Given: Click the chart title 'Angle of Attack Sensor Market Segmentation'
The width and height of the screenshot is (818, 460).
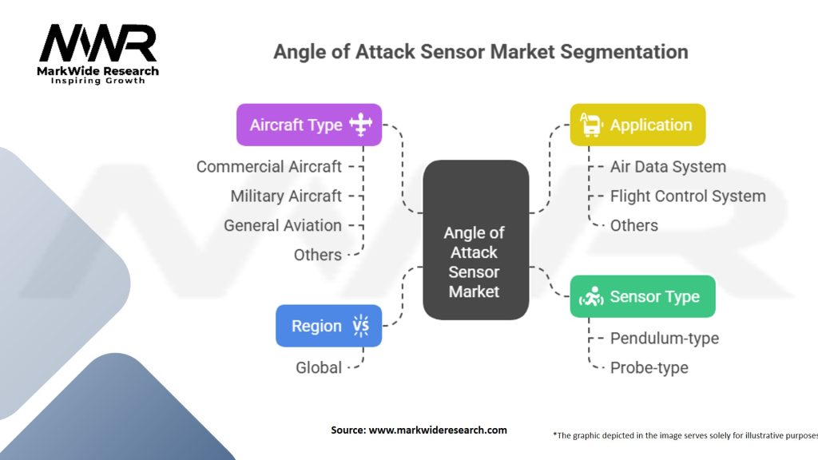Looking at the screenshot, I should pos(480,52).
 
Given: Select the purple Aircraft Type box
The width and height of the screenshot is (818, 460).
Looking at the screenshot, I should pos(308,125).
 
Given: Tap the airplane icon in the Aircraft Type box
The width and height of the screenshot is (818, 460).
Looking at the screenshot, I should pos(361,125).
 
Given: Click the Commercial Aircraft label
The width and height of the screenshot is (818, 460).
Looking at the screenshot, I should pos(268,167).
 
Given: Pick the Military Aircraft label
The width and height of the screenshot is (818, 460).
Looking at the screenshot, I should pos(285,196).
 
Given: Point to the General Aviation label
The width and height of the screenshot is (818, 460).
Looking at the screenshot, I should pos(282,226).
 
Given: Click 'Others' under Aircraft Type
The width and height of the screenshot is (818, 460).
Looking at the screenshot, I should pos(317,256).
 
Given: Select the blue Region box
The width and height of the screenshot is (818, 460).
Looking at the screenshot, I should pos(328,326).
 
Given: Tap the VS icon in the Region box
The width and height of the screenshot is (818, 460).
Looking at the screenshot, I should pos(360,326).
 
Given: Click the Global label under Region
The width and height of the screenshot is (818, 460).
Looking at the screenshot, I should pos(319,368).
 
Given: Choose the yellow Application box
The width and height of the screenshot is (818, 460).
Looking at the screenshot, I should pos(637,125).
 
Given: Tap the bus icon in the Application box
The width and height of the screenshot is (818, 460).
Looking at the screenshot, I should pos(590,125).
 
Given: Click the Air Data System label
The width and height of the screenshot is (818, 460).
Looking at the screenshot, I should pos(668,167).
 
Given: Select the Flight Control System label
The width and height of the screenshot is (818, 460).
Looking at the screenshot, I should pos(687,196).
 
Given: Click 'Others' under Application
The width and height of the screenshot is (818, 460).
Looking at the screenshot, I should pos(633,226).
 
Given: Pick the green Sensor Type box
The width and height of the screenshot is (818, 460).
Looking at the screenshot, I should pos(641,296).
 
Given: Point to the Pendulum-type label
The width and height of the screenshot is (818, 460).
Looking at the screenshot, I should pos(664,339).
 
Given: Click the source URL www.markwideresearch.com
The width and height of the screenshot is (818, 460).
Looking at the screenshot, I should pos(438,430).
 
